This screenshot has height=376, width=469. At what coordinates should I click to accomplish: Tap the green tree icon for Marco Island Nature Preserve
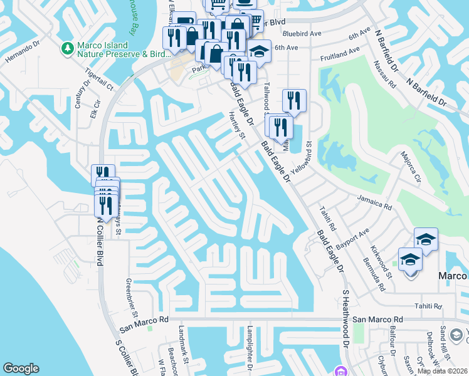coord(67,48)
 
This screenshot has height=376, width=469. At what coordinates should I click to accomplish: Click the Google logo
coord(21,368)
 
